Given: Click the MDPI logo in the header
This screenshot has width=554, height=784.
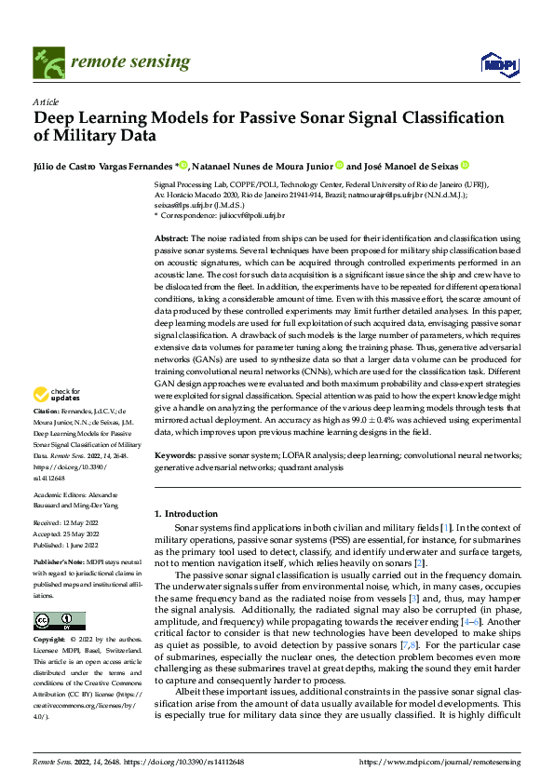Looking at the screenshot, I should (495, 62).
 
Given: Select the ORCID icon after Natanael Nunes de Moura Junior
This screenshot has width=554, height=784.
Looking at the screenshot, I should (341, 166).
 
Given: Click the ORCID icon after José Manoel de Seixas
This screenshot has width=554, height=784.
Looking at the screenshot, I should (465, 166).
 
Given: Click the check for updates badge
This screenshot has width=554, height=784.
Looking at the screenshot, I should (61, 422).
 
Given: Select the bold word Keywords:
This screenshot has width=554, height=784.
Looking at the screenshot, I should (174, 455).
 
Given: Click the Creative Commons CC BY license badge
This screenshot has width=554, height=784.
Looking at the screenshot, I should (59, 621).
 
